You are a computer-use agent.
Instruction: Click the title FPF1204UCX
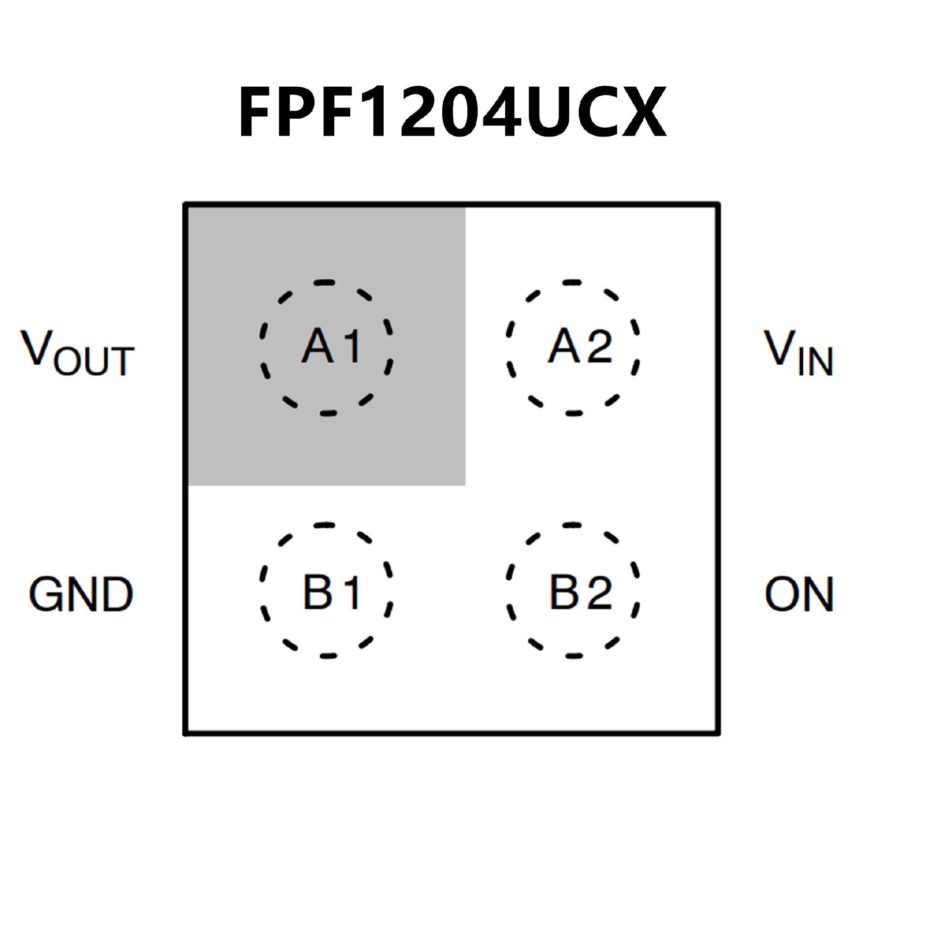pyautogui.click(x=452, y=112)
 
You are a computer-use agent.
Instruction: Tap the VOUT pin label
pyautogui.click(x=77, y=353)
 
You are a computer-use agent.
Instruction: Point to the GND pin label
pyautogui.click(x=81, y=594)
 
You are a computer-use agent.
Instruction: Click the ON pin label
pyautogui.click(x=799, y=594)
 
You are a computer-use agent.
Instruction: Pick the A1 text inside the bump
pyautogui.click(x=331, y=346)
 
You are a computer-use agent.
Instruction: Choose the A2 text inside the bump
pyautogui.click(x=580, y=346)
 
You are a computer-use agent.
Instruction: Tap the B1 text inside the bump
pyautogui.click(x=331, y=592)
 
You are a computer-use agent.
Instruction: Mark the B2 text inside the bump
pyautogui.click(x=580, y=592)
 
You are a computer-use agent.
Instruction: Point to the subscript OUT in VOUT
pyautogui.click(x=94, y=361)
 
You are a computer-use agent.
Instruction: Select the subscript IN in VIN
pyautogui.click(x=815, y=361)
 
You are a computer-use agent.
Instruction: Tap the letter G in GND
pyautogui.click(x=45, y=594)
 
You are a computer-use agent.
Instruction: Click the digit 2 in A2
pyautogui.click(x=599, y=346)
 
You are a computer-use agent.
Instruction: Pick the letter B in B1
pyautogui.click(x=317, y=592)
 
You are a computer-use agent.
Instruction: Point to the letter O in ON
pyautogui.click(x=781, y=594)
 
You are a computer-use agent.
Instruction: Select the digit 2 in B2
pyautogui.click(x=599, y=592)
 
